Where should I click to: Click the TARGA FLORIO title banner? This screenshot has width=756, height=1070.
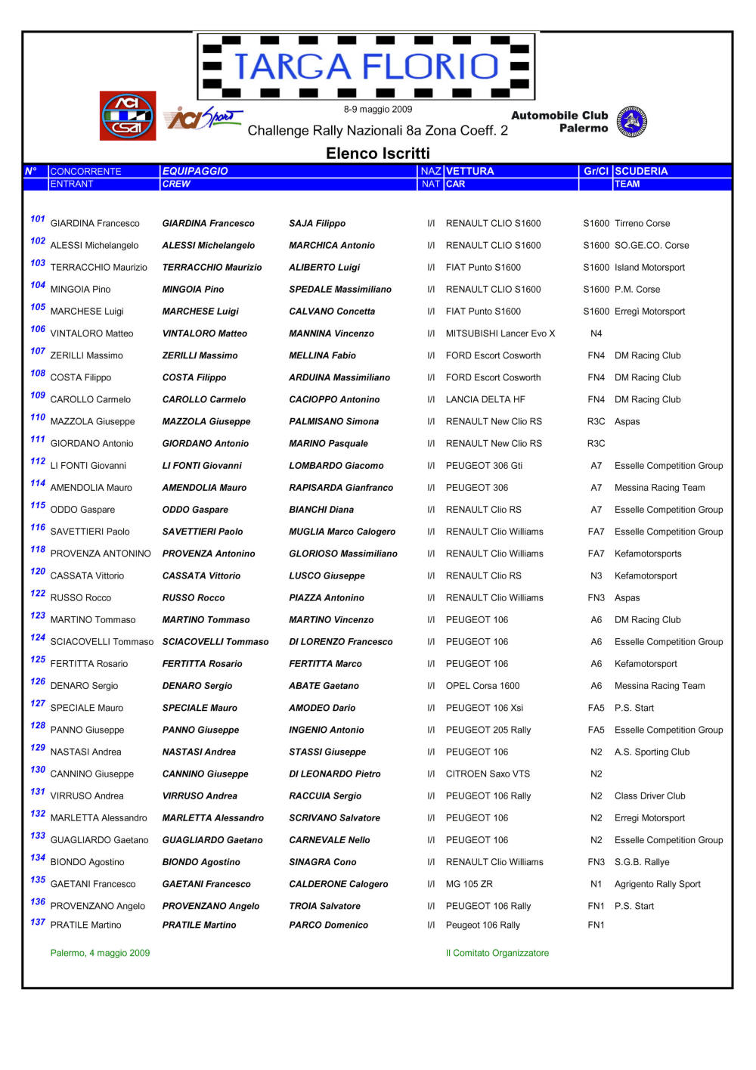[x=366, y=67]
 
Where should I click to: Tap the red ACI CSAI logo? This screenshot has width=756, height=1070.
[x=128, y=116]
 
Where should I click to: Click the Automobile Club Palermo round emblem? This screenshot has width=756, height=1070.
[x=631, y=122]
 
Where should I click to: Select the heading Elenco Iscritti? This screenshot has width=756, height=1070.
[x=377, y=154]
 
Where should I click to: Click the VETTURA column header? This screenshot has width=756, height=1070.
[x=469, y=171]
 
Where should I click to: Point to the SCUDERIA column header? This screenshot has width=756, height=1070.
[x=641, y=171]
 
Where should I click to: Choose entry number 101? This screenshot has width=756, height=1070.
[x=38, y=219]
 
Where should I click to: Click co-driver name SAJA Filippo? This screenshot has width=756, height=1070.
[x=317, y=224]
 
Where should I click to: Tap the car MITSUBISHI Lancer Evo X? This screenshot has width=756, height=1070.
[x=500, y=333]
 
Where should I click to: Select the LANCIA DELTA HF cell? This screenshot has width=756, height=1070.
[x=485, y=399]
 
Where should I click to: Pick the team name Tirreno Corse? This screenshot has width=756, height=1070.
[x=642, y=224]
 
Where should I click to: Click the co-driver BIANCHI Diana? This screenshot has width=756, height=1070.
[x=321, y=510]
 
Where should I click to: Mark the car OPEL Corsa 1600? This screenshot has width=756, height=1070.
[x=482, y=686]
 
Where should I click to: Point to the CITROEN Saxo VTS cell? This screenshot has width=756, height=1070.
[x=488, y=774]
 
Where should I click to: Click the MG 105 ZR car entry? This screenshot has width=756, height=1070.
[x=469, y=884]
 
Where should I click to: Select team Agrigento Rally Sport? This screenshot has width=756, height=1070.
[x=657, y=884]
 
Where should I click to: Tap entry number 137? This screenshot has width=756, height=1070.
[x=38, y=922]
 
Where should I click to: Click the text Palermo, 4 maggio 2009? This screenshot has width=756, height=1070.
[x=100, y=953]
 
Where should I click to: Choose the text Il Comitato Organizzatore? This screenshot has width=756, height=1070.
[x=497, y=953]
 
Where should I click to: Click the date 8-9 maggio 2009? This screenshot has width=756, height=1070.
[x=378, y=110]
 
